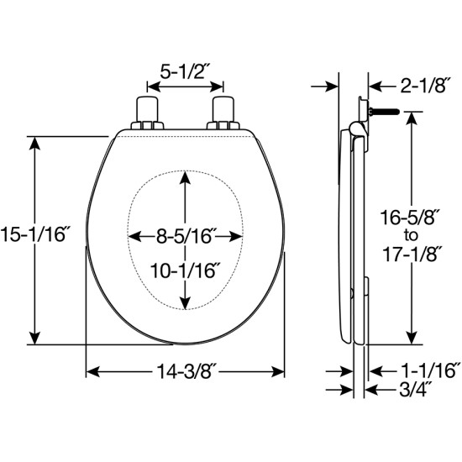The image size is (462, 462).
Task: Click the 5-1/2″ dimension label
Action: point(182,72)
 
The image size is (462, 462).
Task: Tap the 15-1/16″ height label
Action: point(33,236)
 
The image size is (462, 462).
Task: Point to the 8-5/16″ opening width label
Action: point(185,236)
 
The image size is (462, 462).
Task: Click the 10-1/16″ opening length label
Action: point(186,270)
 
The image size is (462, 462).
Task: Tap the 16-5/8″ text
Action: point(411,218)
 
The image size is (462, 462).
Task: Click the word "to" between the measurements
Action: point(411,235)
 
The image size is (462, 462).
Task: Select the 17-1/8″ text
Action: point(410,254)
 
